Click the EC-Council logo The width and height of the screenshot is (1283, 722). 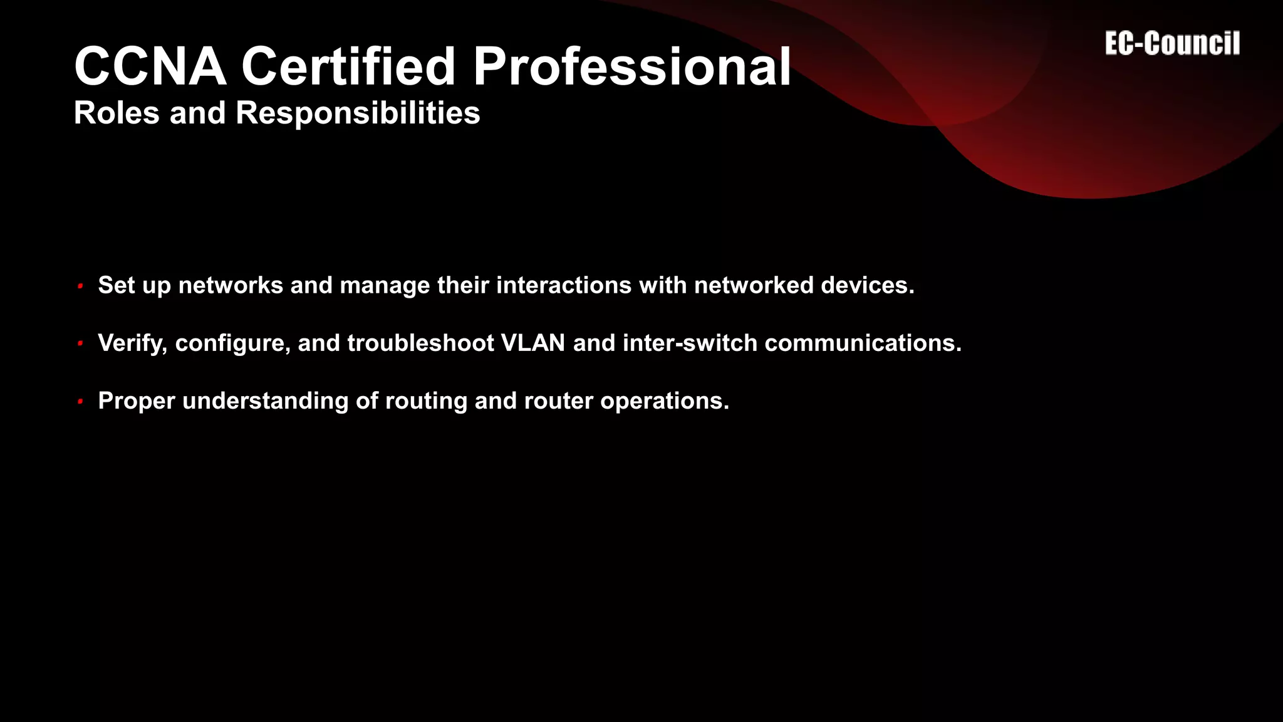[1172, 44]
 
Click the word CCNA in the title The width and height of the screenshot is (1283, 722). [150, 66]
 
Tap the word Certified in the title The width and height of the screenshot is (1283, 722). [348, 66]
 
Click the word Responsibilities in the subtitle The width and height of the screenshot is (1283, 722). [358, 113]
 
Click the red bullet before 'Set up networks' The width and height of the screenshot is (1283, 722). [80, 286]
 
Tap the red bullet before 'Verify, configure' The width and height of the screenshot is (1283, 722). [80, 343]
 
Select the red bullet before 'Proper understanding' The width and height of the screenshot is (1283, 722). [80, 401]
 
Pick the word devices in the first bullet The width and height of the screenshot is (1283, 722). [867, 285]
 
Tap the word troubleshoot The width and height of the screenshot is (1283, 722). [420, 343]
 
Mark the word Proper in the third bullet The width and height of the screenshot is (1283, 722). [137, 401]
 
